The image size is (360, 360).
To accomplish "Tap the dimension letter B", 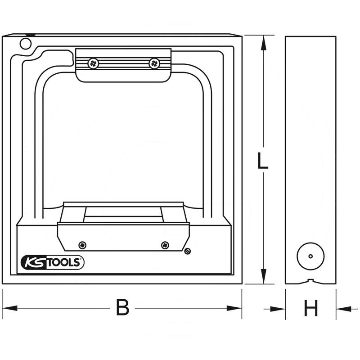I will coord(122,308).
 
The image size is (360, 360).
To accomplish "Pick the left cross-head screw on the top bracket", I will coord(94,63).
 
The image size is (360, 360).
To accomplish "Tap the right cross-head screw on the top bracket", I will coord(154,63).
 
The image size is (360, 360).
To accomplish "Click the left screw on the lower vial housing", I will coord(82,245).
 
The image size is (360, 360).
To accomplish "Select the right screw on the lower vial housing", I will coord(165,245).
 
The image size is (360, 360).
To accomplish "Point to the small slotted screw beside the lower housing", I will coord(187,251).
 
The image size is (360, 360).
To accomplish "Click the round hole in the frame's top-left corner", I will coord(25,43).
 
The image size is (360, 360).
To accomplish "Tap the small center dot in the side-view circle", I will coord(310,256).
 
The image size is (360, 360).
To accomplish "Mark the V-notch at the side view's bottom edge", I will coord(310,282).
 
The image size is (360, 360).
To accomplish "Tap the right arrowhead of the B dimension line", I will coord(237,309).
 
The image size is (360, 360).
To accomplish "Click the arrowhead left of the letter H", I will coord(280,309).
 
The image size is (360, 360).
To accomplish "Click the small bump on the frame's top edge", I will coord(30,34).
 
